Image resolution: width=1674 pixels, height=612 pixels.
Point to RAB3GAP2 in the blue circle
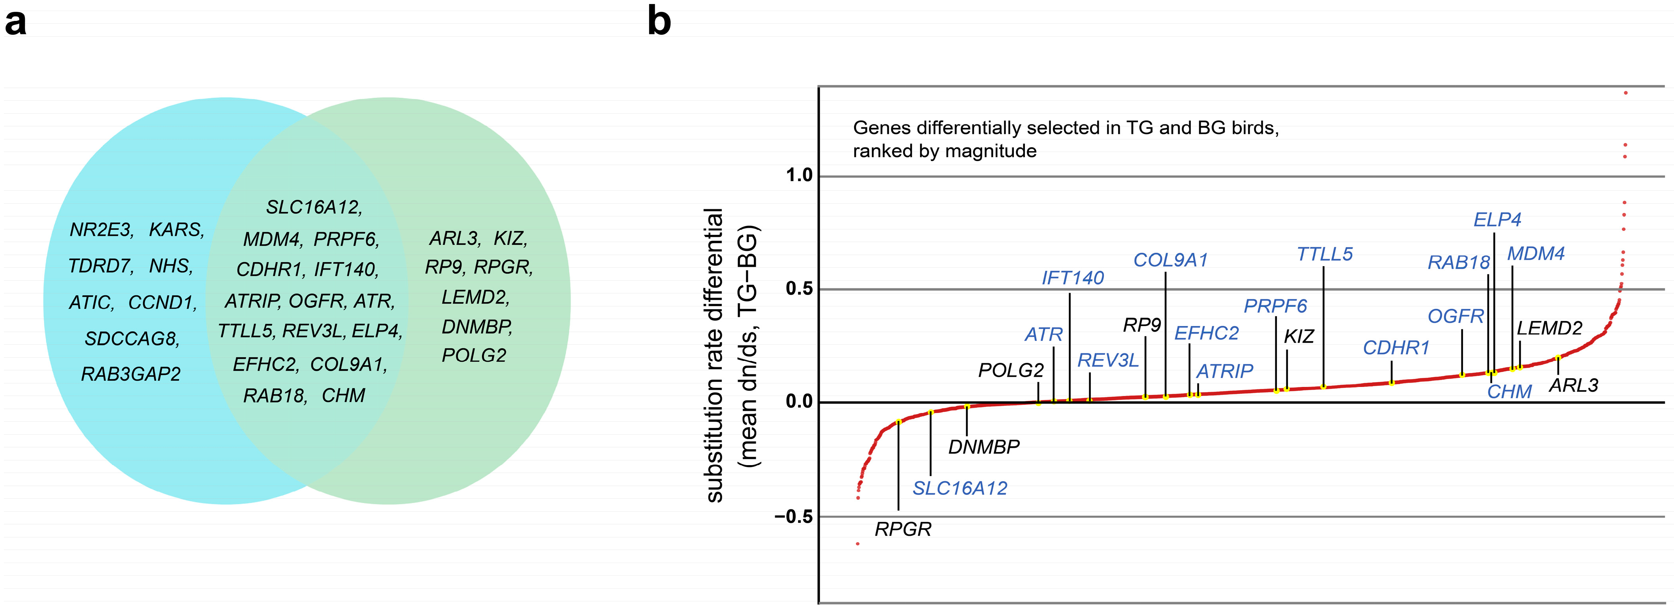pos(131,374)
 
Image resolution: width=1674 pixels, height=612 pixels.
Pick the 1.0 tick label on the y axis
pos(798,175)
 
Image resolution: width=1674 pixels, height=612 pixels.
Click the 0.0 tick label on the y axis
pos(798,402)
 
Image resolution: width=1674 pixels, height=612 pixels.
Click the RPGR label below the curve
pos(903,529)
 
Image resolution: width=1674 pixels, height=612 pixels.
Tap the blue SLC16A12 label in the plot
pos(959,488)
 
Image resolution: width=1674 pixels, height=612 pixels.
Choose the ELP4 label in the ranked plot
pos(1497,220)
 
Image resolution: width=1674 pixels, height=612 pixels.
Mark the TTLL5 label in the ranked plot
pos(1324,254)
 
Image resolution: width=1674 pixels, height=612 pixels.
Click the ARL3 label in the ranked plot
pos(1573,385)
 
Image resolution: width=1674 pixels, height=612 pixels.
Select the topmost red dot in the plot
pos(1625,93)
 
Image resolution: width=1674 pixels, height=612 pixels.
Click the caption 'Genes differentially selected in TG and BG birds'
pos(1066,128)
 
